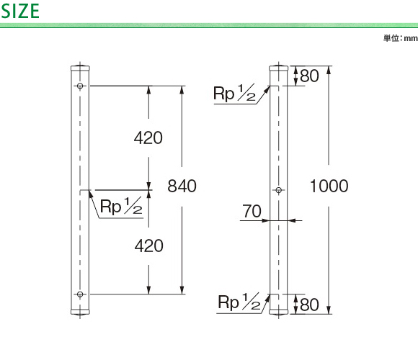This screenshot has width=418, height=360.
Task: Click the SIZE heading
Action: [20, 12]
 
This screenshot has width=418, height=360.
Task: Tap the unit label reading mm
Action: [411, 38]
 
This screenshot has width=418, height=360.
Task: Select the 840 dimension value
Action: [182, 186]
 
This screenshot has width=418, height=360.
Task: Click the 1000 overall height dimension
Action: [329, 186]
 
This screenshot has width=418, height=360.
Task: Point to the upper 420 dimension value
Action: [148, 138]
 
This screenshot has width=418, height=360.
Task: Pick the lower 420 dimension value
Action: [148, 246]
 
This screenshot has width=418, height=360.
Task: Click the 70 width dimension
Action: [252, 211]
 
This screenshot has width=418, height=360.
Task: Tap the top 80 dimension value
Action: [309, 76]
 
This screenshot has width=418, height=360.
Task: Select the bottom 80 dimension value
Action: [309, 305]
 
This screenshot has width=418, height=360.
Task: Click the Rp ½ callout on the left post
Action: [121, 207]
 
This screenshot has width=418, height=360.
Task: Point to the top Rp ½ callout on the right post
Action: [235, 93]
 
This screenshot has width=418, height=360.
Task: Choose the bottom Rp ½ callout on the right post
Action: [239, 302]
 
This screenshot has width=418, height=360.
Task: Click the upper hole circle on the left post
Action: [80, 86]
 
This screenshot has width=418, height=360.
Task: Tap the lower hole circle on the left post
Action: [80, 294]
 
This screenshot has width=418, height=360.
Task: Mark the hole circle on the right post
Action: [279, 190]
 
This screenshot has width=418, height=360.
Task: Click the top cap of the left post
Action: [80, 68]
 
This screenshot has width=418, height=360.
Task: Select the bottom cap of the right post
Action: [279, 312]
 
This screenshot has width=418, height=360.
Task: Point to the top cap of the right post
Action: [279, 68]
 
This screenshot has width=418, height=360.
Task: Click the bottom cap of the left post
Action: [80, 312]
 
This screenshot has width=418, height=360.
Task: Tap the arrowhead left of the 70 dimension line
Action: [266, 220]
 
